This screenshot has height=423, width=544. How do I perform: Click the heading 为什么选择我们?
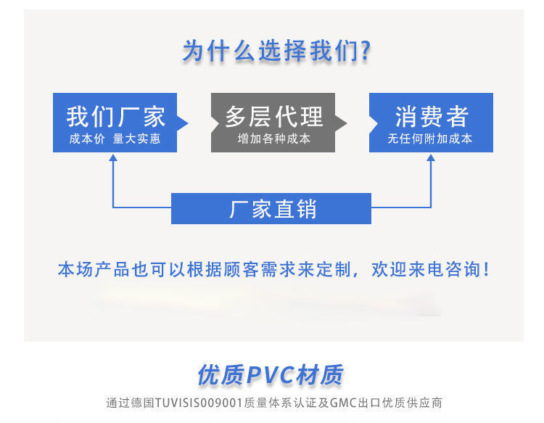tap(276, 52)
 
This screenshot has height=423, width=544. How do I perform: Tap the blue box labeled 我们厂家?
tap(115, 122)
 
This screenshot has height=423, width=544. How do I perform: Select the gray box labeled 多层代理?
tap(273, 122)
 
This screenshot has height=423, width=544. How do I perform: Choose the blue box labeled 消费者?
tap(431, 122)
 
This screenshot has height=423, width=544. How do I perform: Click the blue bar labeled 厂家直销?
tap(271, 209)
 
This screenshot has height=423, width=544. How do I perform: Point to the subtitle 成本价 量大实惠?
tap(115, 139)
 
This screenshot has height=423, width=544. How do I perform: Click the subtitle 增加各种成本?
tap(273, 139)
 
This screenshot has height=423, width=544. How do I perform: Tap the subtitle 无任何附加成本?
tap(430, 139)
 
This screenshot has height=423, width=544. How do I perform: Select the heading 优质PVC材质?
tap(271, 374)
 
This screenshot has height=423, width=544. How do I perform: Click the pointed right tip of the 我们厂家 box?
tap(185, 123)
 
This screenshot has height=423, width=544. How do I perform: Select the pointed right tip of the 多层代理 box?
tap(343, 123)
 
